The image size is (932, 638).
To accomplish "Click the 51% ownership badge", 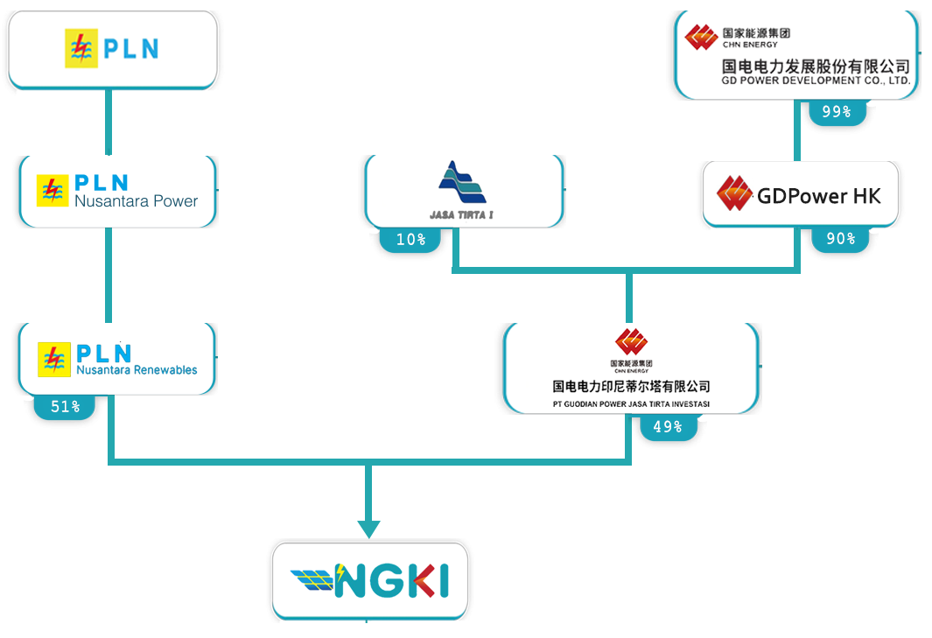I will click(65, 406).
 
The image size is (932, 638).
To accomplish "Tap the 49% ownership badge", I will click(667, 427).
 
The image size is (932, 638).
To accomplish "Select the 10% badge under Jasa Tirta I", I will click(410, 239).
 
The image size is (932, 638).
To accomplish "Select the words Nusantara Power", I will click(137, 201).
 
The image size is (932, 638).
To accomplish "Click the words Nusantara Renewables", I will click(137, 370).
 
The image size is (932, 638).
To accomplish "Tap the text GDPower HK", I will click(818, 195).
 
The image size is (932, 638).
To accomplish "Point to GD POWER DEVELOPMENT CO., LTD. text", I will click(816, 81).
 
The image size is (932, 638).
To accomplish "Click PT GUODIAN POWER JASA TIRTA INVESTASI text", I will click(631, 404).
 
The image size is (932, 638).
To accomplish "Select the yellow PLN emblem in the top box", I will click(82, 49).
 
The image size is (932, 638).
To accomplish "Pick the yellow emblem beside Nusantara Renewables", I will click(53, 359).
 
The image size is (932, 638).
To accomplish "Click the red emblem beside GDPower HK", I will click(735, 194).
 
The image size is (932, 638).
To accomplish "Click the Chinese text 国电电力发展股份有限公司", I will click(816, 66).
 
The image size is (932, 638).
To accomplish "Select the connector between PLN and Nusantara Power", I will click(109, 122).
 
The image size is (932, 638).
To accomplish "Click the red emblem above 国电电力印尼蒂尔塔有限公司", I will click(631, 341).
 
